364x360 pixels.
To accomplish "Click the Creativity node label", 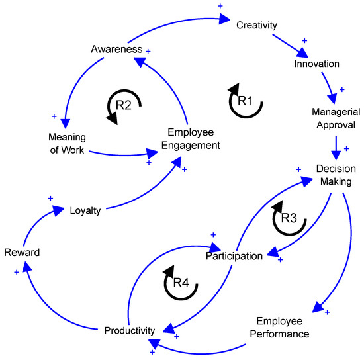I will click(257, 26).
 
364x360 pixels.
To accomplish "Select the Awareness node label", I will click(117, 49).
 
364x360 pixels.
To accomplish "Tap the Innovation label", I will click(316, 64).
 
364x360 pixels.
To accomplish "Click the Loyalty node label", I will click(85, 211).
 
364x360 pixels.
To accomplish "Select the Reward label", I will click(23, 253).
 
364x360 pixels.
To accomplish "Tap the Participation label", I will click(234, 255).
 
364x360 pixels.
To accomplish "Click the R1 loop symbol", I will click(245, 101).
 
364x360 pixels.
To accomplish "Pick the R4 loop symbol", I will click(181, 283).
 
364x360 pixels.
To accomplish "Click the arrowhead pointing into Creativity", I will click(225, 18).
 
